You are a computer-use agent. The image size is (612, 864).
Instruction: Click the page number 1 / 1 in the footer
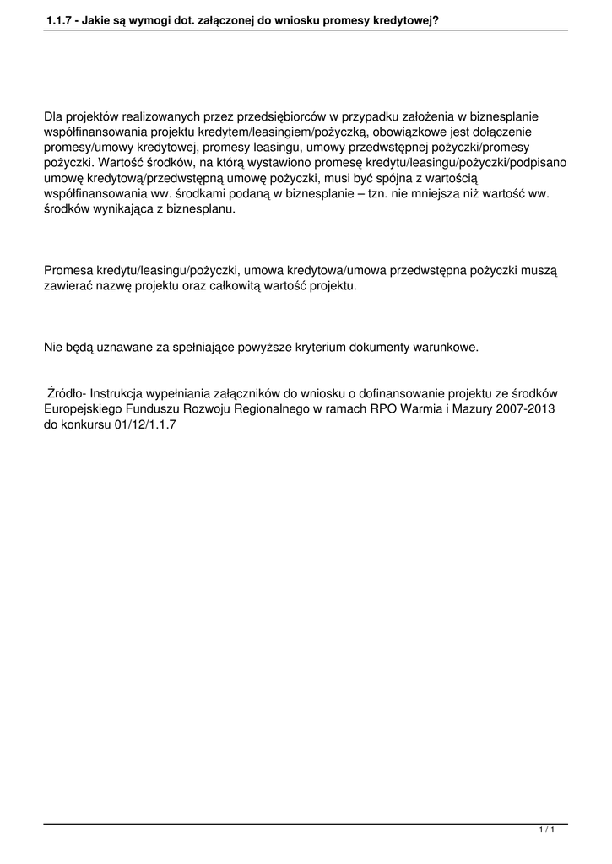click(546, 831)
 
